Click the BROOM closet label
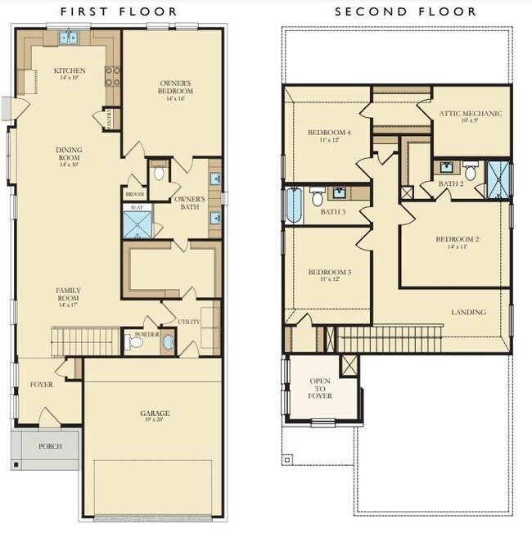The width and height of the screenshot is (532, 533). pyautogui.click(x=133, y=194)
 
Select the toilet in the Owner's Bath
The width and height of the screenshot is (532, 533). pyautogui.click(x=159, y=173)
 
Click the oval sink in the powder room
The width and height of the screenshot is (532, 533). pyautogui.click(x=168, y=342)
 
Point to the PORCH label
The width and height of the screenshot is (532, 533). pyautogui.click(x=50, y=447)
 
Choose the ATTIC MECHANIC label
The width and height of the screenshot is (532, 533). pyautogui.click(x=471, y=114)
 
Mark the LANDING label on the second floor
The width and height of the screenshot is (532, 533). pyautogui.click(x=468, y=312)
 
